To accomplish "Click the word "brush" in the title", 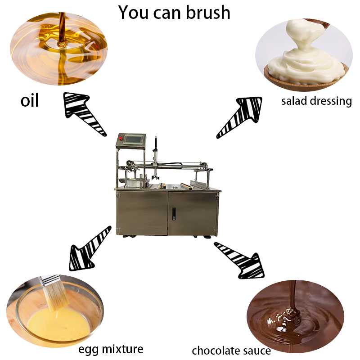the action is coord(208,13).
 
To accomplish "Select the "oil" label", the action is coord(29,100).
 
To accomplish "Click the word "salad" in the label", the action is coord(294,101).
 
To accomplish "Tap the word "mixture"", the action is coord(122,349).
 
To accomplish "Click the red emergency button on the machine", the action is coord(121,138).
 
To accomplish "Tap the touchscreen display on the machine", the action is coord(134,139).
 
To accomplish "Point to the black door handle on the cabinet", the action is coord(174,214).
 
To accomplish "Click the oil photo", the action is coord(59,49).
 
